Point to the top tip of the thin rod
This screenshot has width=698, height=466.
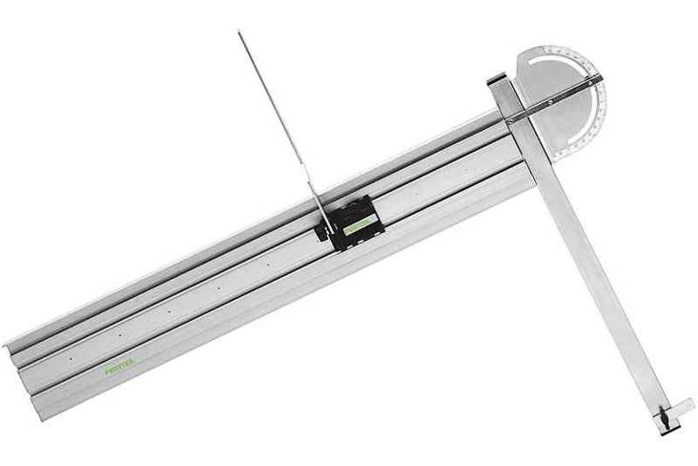pos(239,32)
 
